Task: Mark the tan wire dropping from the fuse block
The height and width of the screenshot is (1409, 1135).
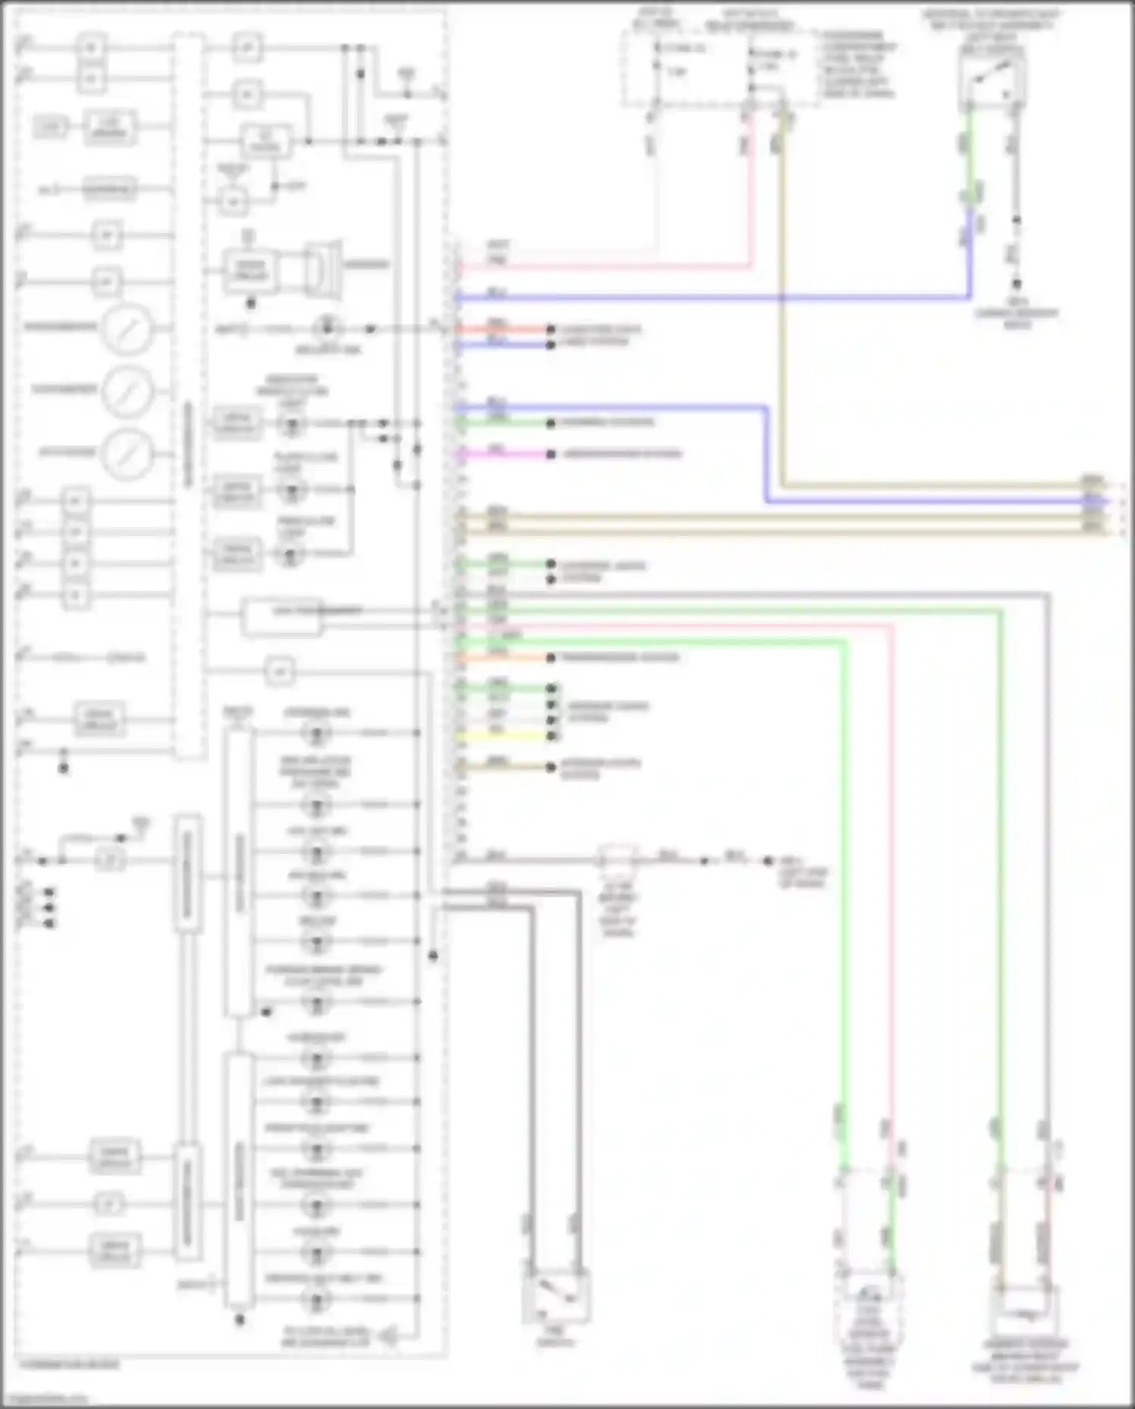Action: pyautogui.click(x=782, y=303)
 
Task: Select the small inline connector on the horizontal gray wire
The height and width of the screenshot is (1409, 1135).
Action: pyautogui.click(x=617, y=860)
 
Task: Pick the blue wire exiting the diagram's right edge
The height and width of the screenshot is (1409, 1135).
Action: pyautogui.click(x=938, y=501)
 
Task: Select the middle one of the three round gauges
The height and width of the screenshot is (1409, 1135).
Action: pyautogui.click(x=127, y=391)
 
